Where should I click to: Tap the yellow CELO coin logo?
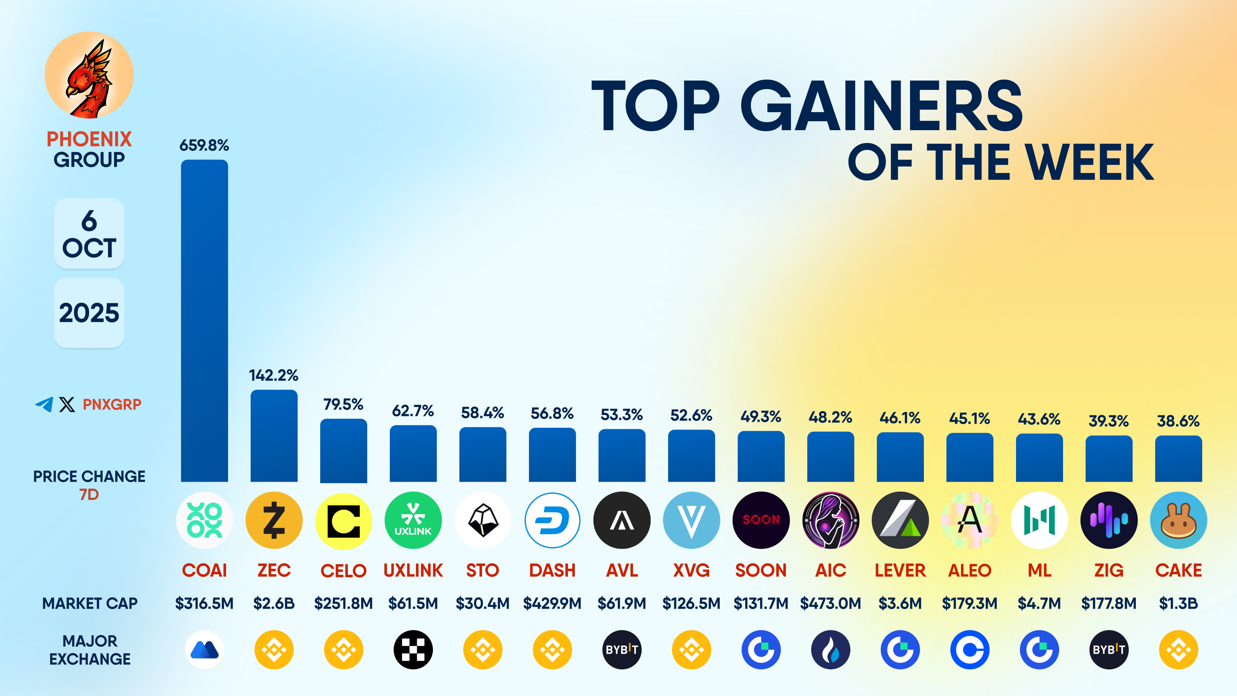pos(343,521)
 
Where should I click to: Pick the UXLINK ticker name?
pos(413,570)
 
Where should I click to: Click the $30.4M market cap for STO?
pos(482,603)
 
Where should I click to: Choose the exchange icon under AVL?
pos(622,649)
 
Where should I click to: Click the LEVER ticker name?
pos(900,570)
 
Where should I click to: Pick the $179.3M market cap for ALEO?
pos(970,603)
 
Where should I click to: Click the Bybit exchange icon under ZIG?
pos(1109,649)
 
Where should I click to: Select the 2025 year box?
pos(89,313)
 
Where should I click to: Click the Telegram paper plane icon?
pos(44,404)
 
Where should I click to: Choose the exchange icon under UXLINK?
pos(413,649)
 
